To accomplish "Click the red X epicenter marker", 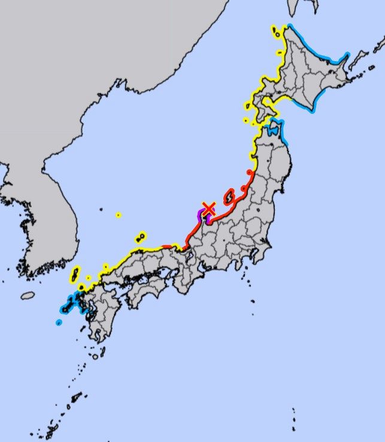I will tap(208, 209).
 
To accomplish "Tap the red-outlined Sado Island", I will tap(229, 196).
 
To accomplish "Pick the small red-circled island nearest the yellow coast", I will tap(249, 173).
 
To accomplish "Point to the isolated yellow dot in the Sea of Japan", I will tap(119, 215).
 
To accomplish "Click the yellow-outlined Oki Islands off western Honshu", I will tap(141, 237).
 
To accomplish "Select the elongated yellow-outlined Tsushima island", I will tap(75, 275).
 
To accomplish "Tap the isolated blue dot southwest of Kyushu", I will tap(59, 323).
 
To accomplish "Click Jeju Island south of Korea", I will tap(28, 296).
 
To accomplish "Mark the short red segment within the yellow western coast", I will tap(166, 246).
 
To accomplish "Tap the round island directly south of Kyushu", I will tap(95, 357).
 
